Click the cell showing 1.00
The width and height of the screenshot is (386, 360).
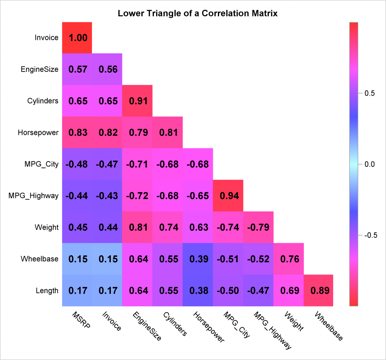point(77,38)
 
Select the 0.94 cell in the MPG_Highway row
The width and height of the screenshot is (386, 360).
point(228,196)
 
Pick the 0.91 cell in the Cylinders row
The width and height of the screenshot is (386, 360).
point(138,101)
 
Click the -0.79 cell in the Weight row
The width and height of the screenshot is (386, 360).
point(258,227)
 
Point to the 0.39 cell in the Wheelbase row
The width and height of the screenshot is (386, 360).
point(198,259)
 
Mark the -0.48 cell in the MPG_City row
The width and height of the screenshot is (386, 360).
point(77,164)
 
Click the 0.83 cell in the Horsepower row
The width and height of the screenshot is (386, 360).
point(77,133)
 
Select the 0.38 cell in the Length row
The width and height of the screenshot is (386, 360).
point(198,291)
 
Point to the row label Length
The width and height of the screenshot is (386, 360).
point(47,291)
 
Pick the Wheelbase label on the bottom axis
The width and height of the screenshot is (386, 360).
point(328,326)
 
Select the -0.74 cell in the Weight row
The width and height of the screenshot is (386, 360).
point(228,227)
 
